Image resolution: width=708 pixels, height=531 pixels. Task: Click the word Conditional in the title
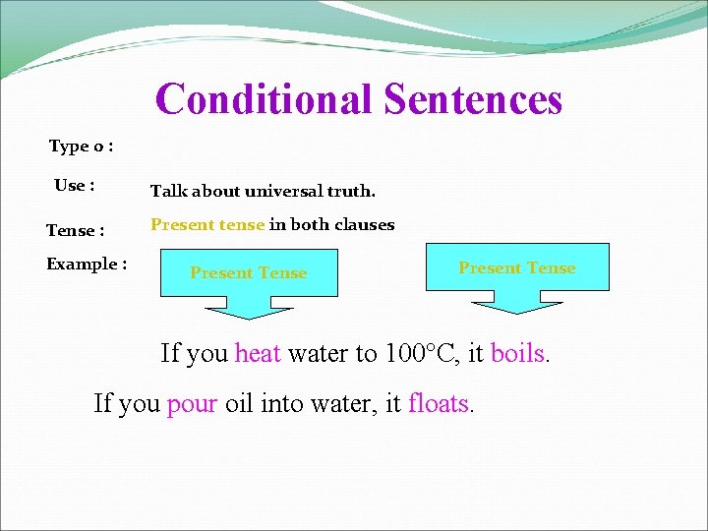pyautogui.click(x=264, y=99)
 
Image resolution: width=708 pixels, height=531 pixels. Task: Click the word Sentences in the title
pyautogui.click(x=473, y=99)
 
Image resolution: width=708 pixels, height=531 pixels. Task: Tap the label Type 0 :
pyautogui.click(x=81, y=147)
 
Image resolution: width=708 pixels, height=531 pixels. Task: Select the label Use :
pyautogui.click(x=75, y=186)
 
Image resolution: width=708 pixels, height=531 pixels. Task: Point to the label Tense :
pyautogui.click(x=76, y=231)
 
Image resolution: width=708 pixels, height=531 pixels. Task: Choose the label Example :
pyautogui.click(x=87, y=265)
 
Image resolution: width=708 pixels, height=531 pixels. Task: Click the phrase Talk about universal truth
pyautogui.click(x=263, y=191)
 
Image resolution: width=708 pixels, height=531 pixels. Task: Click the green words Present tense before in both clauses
pyautogui.click(x=207, y=224)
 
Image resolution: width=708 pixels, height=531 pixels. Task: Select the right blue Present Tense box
pyautogui.click(x=517, y=267)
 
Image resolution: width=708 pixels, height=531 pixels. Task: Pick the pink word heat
pyautogui.click(x=258, y=353)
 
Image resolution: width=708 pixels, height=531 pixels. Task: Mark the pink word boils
pyautogui.click(x=517, y=353)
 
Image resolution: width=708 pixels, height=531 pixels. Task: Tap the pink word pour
pyautogui.click(x=192, y=402)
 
